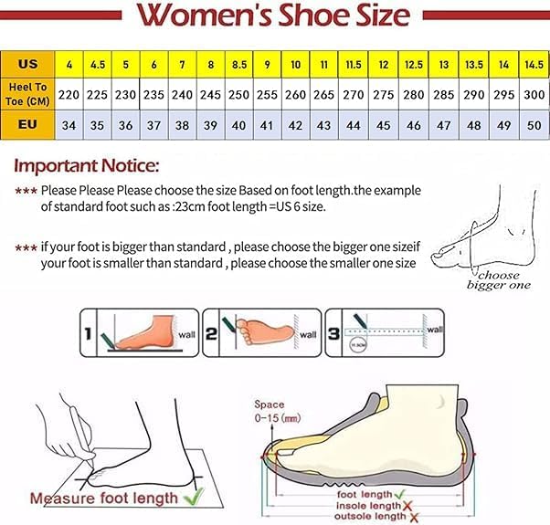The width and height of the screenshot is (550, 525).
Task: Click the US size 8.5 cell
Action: coord(239,65)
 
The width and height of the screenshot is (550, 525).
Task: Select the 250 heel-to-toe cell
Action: coord(239,94)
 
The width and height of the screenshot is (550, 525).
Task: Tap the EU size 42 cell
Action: coord(296,123)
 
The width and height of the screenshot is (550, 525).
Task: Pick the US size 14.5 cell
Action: coord(534,65)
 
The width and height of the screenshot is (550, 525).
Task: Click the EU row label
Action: coord(27,123)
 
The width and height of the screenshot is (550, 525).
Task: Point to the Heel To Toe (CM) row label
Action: coord(27,94)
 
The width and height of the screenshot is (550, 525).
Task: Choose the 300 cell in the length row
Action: coord(534,94)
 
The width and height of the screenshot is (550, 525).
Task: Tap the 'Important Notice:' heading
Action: coord(87,166)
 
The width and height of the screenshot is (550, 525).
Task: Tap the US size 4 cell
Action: coord(69,65)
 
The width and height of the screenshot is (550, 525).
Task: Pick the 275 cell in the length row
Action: coord(384,94)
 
